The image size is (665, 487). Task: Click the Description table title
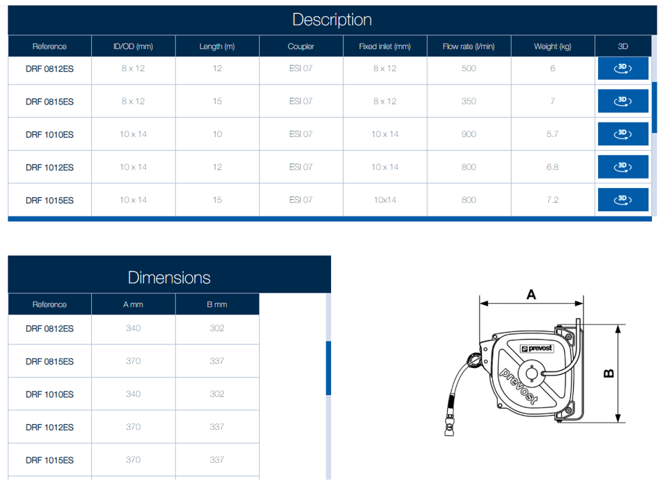[332, 20]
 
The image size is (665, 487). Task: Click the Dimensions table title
[169, 277]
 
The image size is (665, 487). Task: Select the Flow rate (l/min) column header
[469, 46]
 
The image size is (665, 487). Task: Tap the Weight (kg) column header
[552, 46]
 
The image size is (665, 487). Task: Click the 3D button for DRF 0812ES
[623, 68]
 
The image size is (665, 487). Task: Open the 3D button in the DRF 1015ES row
[623, 199]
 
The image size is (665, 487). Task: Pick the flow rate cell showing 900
[469, 134]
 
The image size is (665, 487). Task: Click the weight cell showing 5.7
[552, 134]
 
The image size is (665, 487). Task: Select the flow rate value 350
[469, 101]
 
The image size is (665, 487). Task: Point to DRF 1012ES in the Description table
[50, 167]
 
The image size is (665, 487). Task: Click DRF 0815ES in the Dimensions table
[50, 361]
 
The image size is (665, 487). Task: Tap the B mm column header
[217, 304]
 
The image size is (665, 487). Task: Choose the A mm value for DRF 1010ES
[133, 394]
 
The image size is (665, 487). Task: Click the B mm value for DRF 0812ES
[217, 328]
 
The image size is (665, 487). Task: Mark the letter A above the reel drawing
[531, 294]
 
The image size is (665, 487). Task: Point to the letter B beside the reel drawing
[608, 374]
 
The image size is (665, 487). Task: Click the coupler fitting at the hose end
[449, 426]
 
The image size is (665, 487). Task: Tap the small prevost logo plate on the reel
[537, 349]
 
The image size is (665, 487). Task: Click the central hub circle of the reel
[532, 374]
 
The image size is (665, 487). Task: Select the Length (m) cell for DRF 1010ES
[217, 134]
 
